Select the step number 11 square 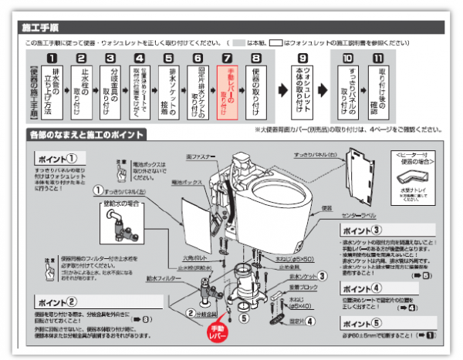377,58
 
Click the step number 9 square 302,58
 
